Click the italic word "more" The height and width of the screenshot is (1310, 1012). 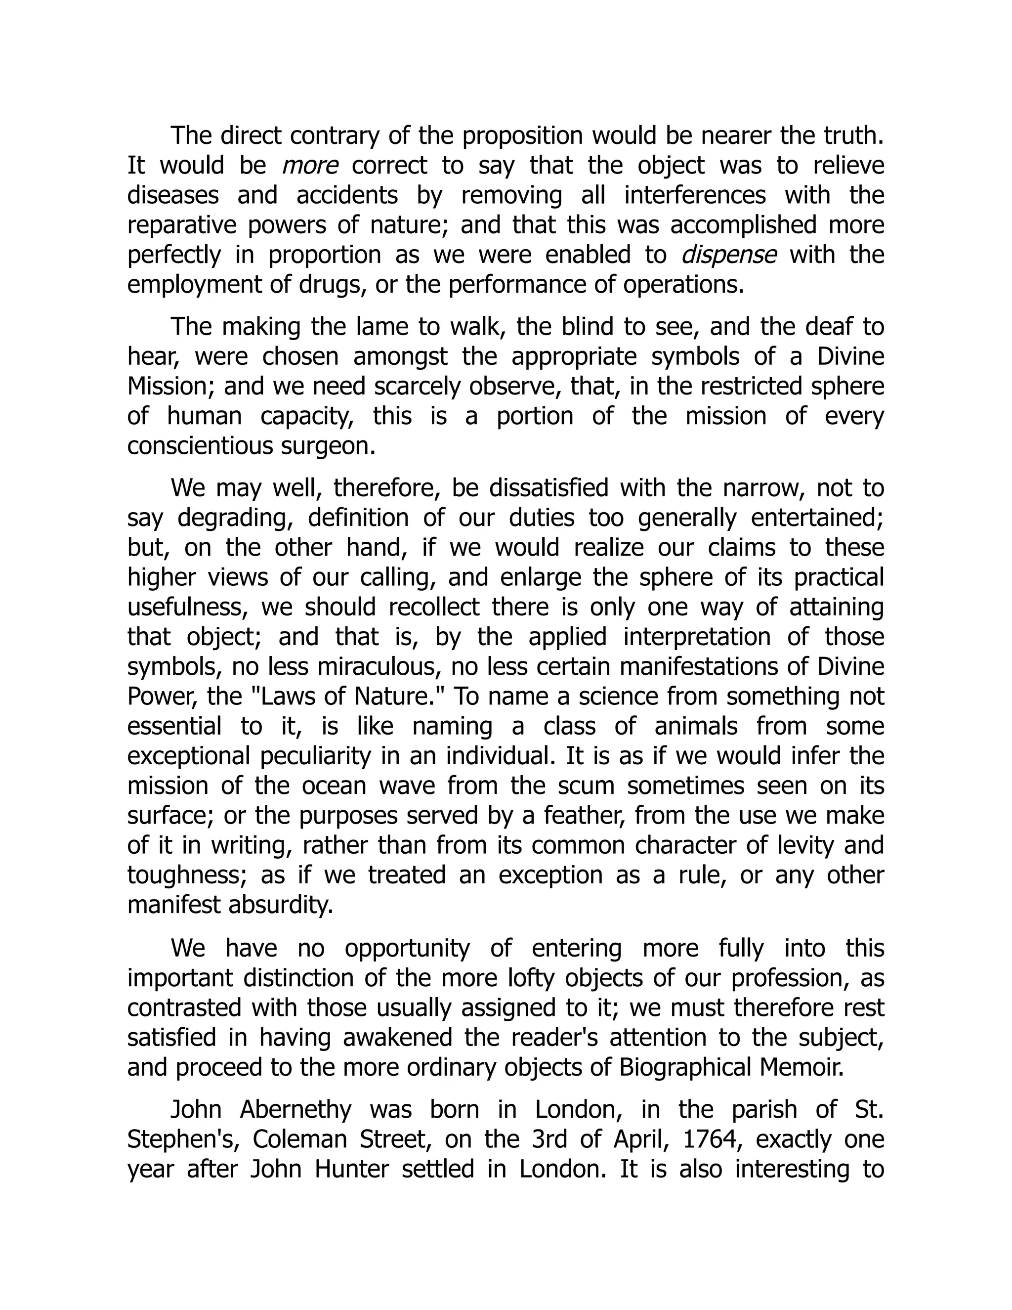coord(310,166)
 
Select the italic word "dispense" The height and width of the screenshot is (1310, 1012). coord(728,256)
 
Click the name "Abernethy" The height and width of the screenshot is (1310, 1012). coord(295,1109)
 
